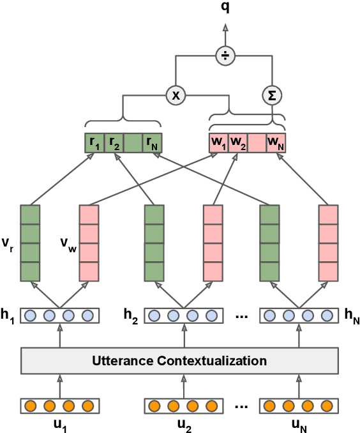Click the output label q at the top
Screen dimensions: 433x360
click(225, 7)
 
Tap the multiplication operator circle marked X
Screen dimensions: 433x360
click(176, 96)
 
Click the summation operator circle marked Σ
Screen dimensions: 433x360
click(273, 96)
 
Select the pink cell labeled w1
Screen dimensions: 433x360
click(218, 142)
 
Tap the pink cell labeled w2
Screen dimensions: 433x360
click(237, 142)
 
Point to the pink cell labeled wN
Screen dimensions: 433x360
click(276, 142)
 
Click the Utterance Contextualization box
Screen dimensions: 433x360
click(179, 361)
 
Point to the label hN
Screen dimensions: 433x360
click(352, 315)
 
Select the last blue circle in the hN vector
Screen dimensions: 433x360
click(327, 315)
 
